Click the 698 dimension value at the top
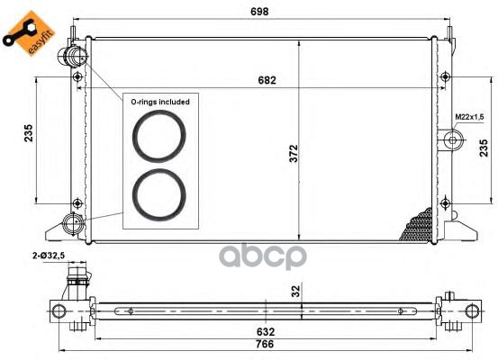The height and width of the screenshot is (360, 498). [259, 12]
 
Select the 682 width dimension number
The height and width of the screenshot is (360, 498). [267, 80]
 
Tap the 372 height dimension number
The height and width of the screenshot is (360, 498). [294, 153]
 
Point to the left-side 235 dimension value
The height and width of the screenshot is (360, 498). [28, 133]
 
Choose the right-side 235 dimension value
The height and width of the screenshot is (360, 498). [483, 148]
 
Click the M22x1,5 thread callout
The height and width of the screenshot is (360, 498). [469, 117]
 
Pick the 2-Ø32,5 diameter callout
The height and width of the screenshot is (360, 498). [49, 256]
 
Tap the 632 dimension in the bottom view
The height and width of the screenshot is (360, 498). [265, 332]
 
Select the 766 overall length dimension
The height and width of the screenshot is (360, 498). [265, 344]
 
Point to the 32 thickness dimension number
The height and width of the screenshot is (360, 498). [295, 291]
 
